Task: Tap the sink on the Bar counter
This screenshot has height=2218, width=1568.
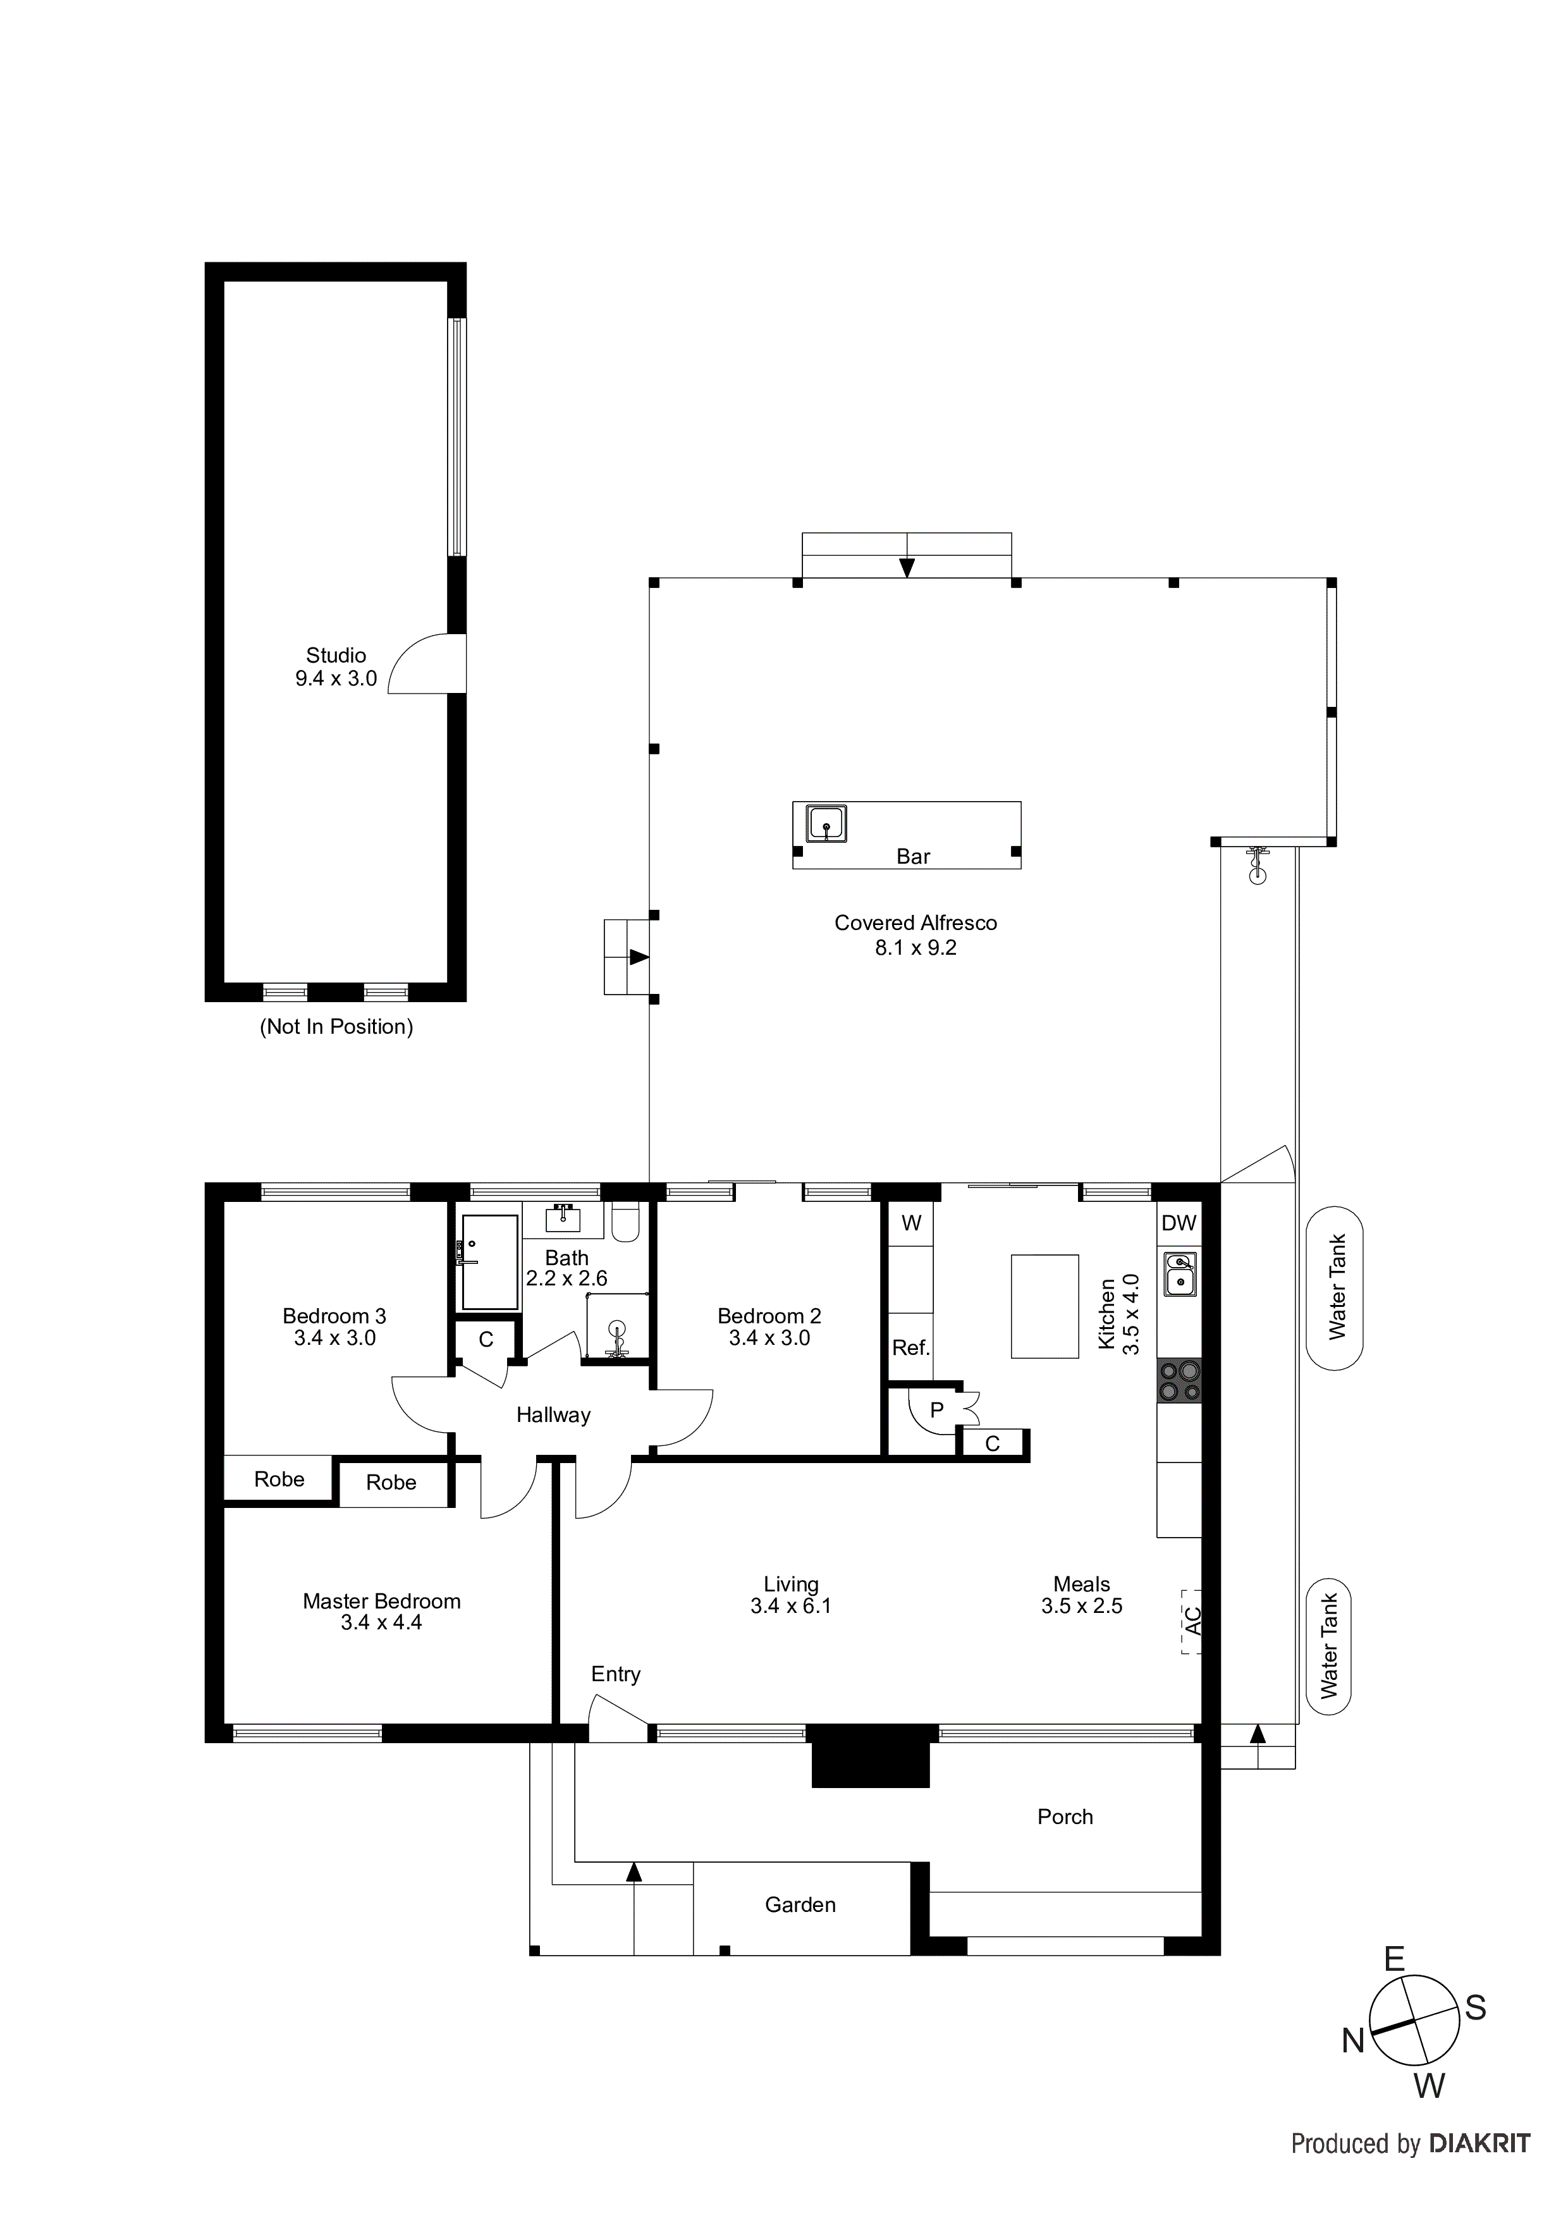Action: tap(827, 823)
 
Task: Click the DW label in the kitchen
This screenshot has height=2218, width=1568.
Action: tap(1178, 1223)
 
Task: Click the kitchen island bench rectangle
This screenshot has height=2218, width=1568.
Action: tap(1044, 1306)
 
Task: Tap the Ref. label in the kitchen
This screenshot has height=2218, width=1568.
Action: tap(910, 1347)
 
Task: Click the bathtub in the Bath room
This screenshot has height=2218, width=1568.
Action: tap(490, 1261)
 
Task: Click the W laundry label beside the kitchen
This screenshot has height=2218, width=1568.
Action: tap(911, 1223)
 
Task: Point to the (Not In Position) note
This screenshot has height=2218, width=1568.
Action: tap(336, 1026)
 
